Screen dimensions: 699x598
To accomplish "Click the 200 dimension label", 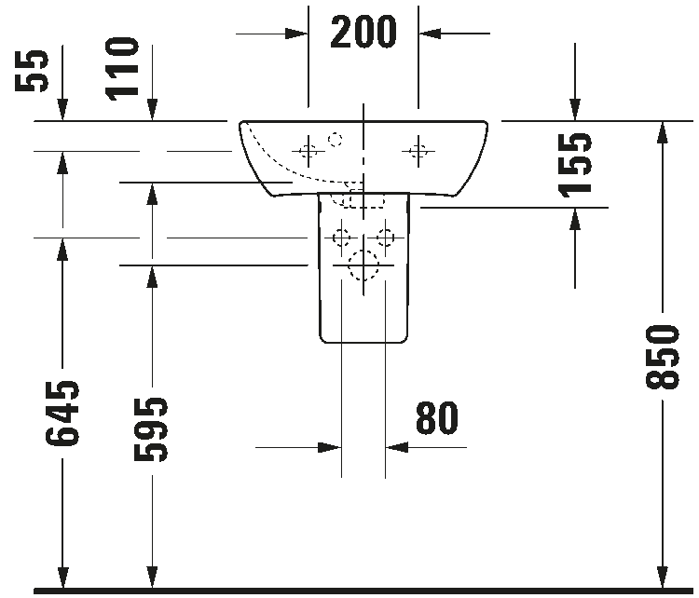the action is coord(363,32).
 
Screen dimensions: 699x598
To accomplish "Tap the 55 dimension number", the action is coord(31,71).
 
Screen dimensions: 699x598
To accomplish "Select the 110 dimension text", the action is coord(122,69).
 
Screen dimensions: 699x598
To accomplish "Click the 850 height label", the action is coord(663,357).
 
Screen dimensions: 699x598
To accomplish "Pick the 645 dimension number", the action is coord(62,414).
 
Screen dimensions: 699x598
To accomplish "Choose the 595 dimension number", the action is coord(151,429).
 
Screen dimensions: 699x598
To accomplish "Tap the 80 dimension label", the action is coord(437,417).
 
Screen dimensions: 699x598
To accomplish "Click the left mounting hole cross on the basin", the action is coord(308,152).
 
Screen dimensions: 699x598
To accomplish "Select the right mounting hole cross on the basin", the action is coord(418,152).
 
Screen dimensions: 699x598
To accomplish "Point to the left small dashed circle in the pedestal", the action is coord(341,238).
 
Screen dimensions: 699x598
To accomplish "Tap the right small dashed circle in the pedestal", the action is coord(385,238).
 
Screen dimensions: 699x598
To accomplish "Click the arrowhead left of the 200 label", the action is coord(296,34).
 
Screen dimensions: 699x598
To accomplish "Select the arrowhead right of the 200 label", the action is coord(430,34).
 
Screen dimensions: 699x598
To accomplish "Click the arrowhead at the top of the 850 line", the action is coord(663,132).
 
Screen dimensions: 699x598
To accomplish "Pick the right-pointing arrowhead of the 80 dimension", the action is coord(330,447).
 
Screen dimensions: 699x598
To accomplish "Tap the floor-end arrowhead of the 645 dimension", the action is coord(62,578).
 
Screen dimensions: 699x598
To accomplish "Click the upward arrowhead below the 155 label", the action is coord(575,219).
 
